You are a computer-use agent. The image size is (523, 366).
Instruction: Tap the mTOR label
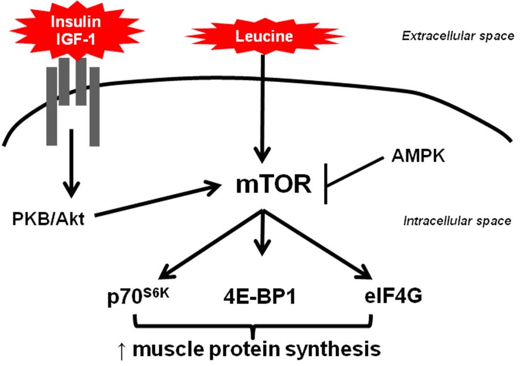click(275, 186)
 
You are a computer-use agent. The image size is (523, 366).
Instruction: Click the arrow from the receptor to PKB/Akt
click(73, 165)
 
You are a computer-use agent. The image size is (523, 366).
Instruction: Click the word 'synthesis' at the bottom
click(333, 347)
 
